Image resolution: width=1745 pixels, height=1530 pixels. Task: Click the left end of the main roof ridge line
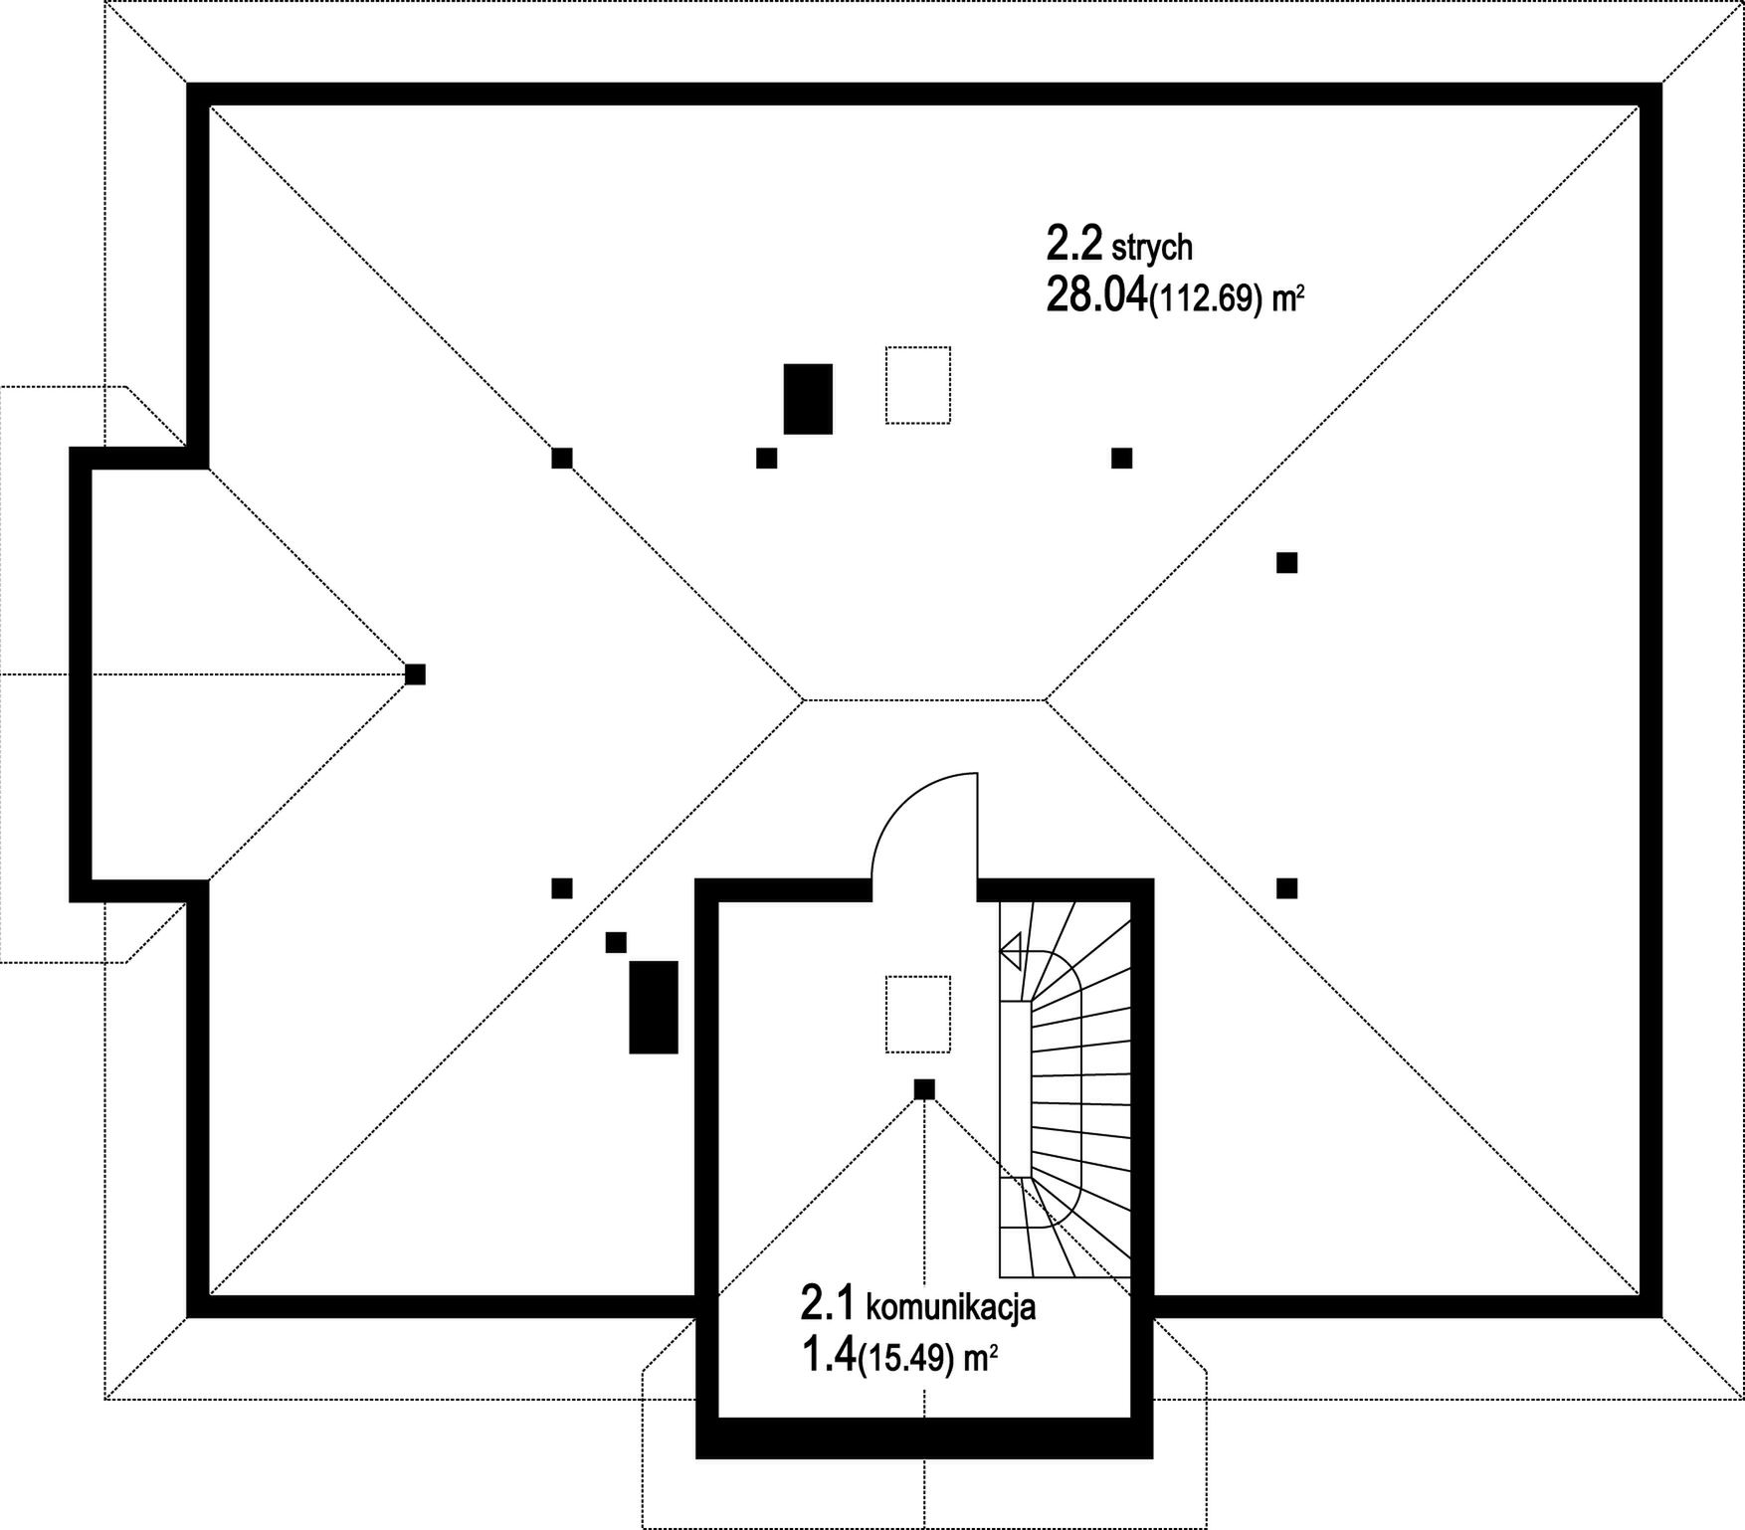(804, 699)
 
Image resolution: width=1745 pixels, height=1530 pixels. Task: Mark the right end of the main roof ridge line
(1046, 699)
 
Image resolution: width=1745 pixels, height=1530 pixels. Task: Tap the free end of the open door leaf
(977, 773)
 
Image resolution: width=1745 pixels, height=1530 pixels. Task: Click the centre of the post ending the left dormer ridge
(415, 673)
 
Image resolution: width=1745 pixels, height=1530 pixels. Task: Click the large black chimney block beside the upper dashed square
(808, 399)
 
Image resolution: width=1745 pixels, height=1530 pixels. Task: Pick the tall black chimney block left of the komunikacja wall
(654, 1007)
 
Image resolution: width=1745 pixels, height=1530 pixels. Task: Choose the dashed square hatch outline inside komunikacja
(917, 1014)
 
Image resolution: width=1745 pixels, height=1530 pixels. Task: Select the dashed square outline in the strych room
(918, 385)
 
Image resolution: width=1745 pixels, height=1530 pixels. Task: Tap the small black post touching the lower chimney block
(616, 942)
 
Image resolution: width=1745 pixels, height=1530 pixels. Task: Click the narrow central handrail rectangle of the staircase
(1016, 1089)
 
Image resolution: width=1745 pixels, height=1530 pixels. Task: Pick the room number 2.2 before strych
(1074, 243)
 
